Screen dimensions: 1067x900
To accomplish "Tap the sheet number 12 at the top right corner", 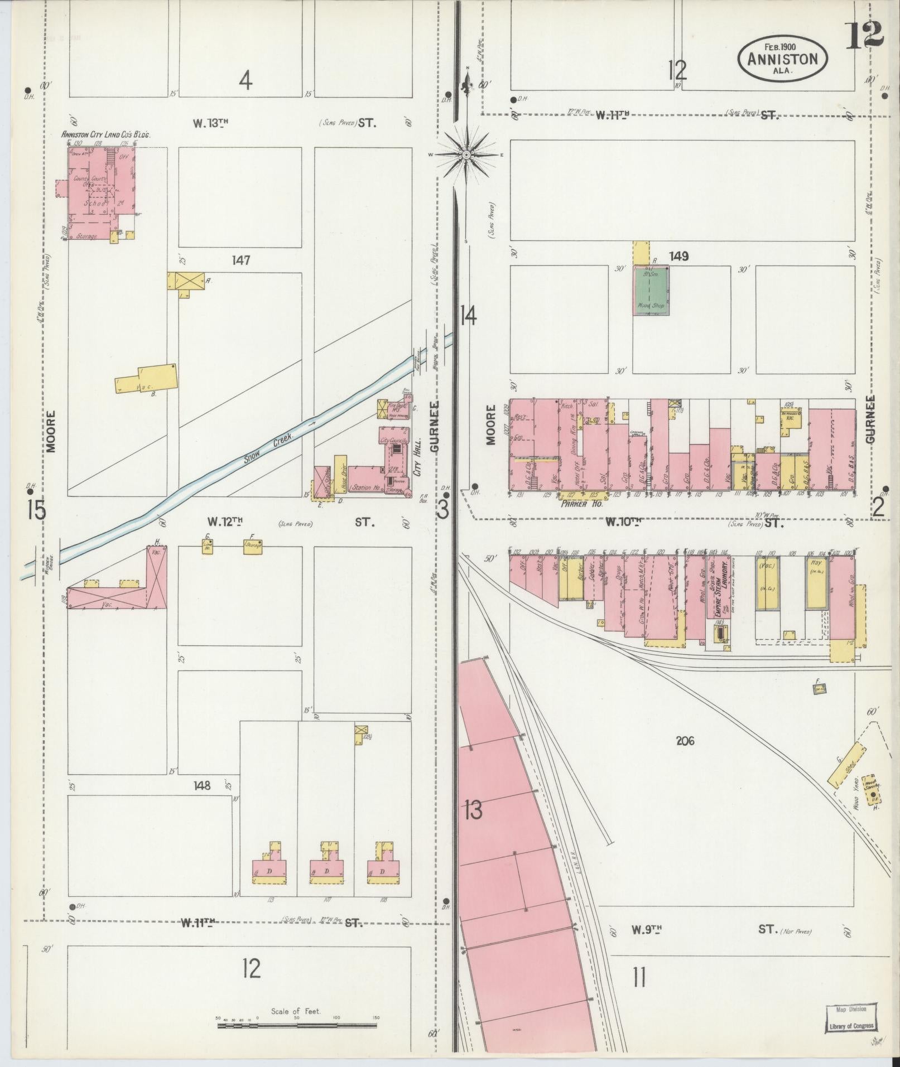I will point(863,36).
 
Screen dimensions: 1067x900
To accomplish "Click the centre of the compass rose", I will point(466,154).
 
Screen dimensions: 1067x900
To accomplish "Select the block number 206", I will point(685,741).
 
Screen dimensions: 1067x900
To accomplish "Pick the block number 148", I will point(201,785).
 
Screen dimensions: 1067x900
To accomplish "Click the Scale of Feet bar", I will point(298,634).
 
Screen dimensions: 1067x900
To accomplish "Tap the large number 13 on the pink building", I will point(473,810).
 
